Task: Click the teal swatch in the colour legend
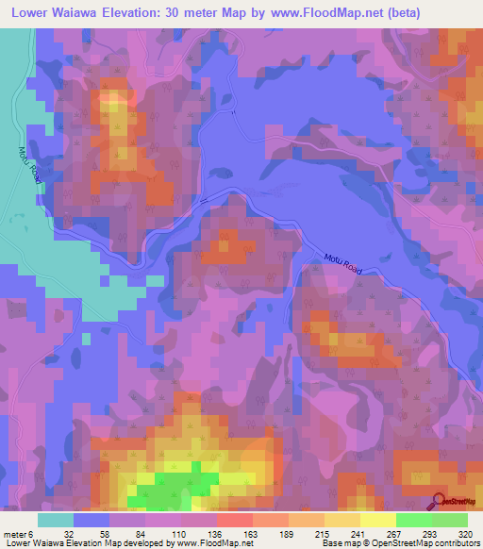(55, 519)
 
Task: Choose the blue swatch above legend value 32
(91, 519)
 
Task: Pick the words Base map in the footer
(340, 542)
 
